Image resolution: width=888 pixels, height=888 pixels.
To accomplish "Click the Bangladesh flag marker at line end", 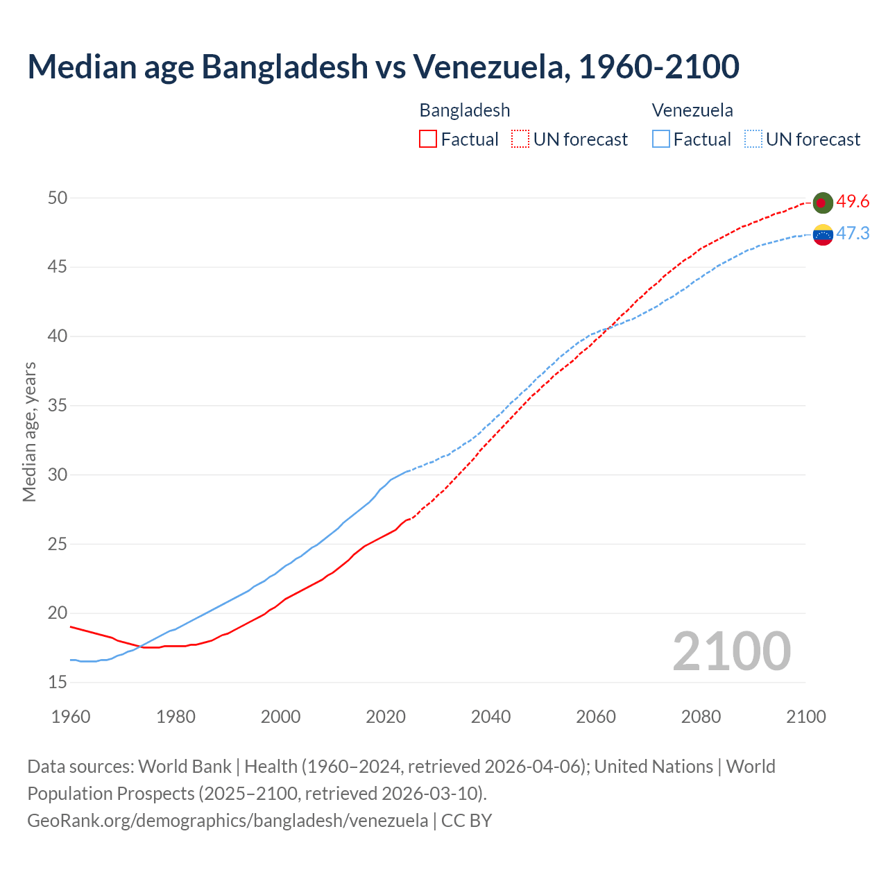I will pos(822,203).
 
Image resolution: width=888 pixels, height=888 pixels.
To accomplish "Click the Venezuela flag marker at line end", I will pos(822,234).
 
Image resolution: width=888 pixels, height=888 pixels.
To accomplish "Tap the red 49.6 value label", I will pos(853,202).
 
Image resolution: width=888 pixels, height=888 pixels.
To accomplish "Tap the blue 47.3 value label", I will pos(853,234).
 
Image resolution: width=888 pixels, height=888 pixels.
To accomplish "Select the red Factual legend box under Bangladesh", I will pos(428,139).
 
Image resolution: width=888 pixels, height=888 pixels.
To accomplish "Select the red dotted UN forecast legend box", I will pos(520,139).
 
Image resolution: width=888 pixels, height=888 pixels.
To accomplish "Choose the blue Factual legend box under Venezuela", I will pos(661,139).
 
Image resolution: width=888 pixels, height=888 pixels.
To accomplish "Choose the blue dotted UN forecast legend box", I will pos(753,139).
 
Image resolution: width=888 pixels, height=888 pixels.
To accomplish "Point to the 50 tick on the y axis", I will pos(58,198).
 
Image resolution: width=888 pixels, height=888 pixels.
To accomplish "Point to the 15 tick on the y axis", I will pos(58,683).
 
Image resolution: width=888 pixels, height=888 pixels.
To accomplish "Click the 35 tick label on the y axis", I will pos(58,406).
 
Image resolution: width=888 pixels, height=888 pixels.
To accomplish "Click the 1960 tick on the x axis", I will pos(71,717).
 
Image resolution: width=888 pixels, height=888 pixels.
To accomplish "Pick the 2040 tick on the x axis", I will pos(490,717).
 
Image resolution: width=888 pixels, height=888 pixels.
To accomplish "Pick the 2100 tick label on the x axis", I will pos(806,717).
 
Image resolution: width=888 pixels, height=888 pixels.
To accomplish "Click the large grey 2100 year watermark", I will pos(731,651).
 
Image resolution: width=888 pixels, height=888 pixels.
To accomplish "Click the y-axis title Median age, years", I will pos(29,432).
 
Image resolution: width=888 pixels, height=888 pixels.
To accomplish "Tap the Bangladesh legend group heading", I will pos(464,110).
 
